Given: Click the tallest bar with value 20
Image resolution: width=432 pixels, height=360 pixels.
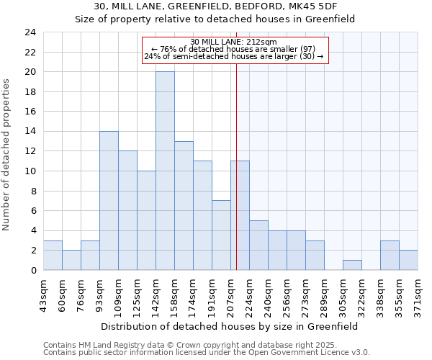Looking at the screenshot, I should (165, 171).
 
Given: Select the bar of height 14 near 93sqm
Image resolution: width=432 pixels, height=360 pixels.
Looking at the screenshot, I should (109, 200).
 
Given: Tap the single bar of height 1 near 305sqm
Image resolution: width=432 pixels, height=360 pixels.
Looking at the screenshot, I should (352, 265).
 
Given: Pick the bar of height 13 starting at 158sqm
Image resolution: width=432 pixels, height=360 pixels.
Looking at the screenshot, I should (184, 205).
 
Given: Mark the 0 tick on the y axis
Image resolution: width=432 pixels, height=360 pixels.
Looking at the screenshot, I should (32, 270).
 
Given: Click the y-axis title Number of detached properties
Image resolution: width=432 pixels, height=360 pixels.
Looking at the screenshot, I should (7, 155).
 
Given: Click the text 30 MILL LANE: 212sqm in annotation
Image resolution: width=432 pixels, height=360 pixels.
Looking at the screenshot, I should (235, 42).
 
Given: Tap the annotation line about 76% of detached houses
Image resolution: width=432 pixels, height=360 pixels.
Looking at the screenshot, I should (235, 49).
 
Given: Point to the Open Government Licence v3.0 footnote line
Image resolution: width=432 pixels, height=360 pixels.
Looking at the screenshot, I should (207, 352).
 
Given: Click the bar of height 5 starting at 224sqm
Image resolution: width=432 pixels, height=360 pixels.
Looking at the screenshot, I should (258, 245).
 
